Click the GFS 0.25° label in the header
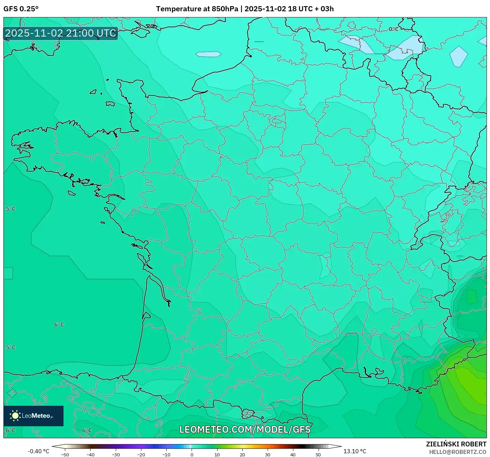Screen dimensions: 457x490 (21, 9)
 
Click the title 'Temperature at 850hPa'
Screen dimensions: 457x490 (197, 9)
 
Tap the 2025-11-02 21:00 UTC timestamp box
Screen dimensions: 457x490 (61, 33)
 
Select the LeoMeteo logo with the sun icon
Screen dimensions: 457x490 (33, 416)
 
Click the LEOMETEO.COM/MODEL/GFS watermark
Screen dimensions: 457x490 (245, 429)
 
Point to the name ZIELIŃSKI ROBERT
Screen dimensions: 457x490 (456, 444)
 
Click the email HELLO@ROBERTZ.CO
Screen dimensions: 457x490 (457, 452)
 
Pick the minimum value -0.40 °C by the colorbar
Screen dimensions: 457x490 (38, 451)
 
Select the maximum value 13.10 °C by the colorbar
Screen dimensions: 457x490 (354, 451)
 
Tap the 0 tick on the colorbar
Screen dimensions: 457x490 (192, 454)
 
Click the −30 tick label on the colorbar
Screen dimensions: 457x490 (115, 454)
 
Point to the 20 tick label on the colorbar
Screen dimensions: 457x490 (242, 454)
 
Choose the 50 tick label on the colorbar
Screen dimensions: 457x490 (318, 454)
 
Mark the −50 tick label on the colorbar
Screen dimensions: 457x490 (65, 454)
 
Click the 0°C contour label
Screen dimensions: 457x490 (393, 29)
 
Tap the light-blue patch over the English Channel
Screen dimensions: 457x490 (209, 54)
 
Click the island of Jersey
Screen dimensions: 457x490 (110, 103)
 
